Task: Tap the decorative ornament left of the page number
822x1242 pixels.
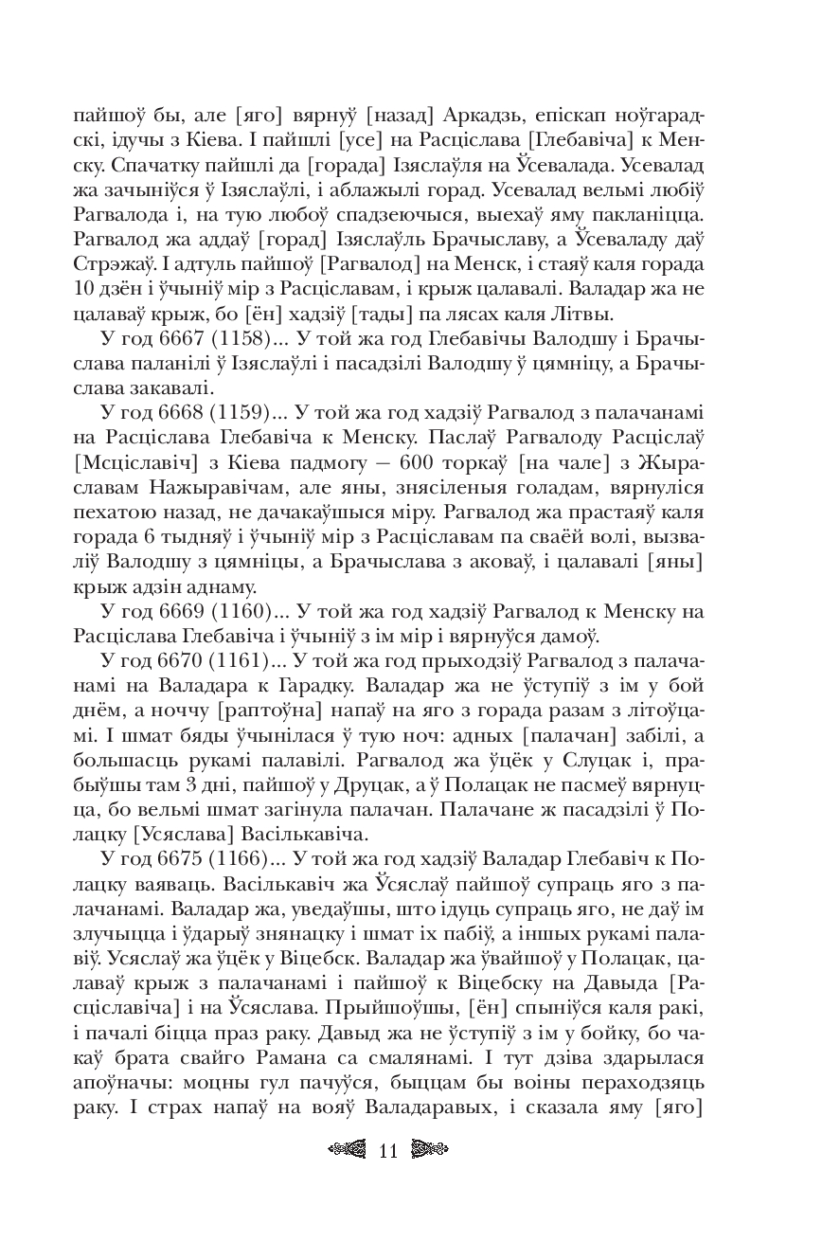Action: [x=346, y=1151]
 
